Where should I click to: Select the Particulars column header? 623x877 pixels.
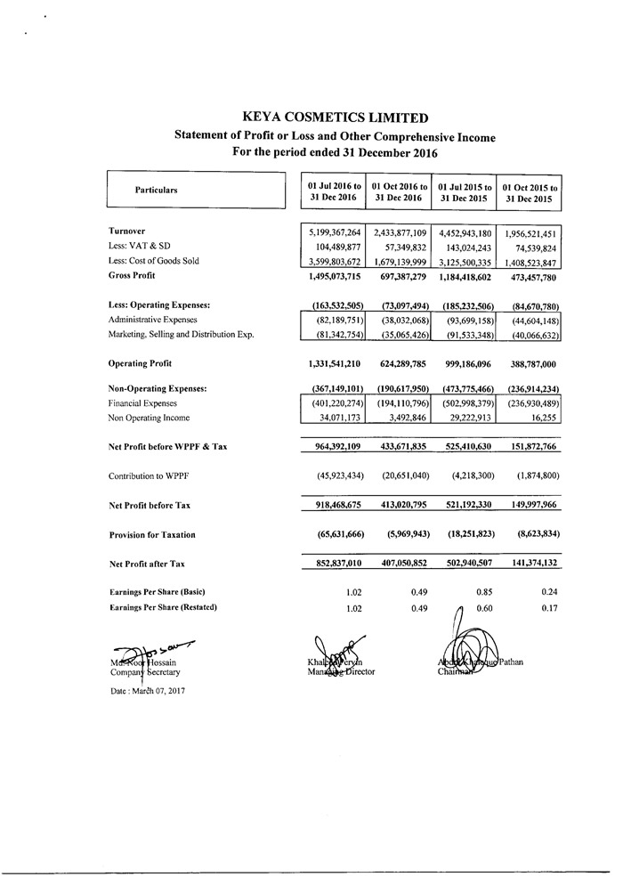point(156,190)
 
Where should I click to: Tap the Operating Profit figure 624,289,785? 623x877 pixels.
point(398,363)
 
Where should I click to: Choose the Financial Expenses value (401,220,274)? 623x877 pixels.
point(332,403)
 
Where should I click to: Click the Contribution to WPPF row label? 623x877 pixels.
point(150,475)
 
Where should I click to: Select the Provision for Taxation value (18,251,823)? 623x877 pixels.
point(465,534)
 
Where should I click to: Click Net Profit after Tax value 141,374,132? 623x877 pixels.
point(530,564)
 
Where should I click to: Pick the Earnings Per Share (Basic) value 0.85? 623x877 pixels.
point(483,592)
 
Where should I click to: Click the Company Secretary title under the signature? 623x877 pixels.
point(146,672)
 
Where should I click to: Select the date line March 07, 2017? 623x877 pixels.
point(147,691)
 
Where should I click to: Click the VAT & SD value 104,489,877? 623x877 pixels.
point(335,247)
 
